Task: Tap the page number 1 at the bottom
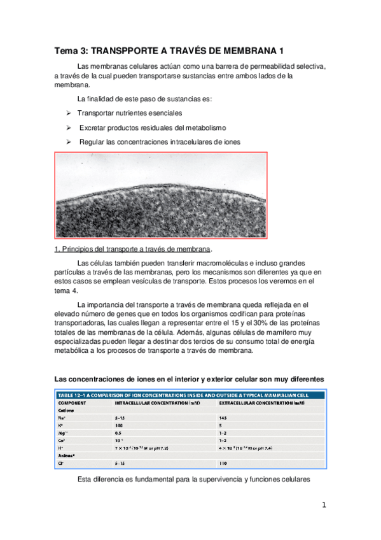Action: (324, 506)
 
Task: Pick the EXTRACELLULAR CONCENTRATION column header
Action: (267, 403)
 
